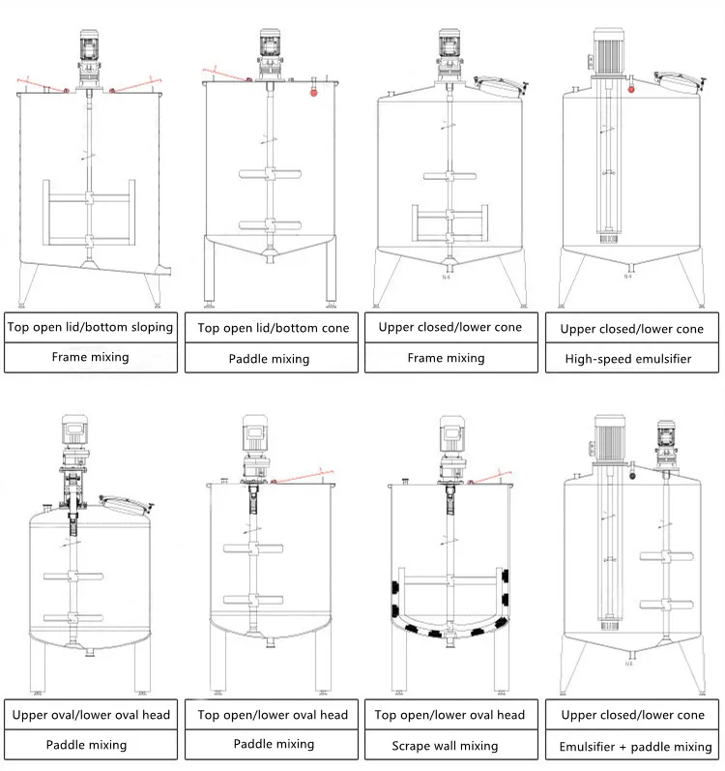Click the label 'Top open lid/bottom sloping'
[91, 326]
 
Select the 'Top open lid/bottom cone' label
[274, 327]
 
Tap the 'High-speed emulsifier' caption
[632, 358]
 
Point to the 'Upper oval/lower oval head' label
[91, 715]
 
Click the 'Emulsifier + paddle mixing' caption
[635, 746]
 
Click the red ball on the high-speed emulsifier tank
[632, 89]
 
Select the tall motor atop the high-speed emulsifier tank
[610, 44]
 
